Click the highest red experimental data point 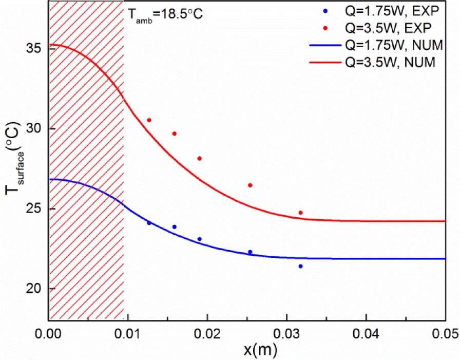coord(149,120)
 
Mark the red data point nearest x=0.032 coord(300,213)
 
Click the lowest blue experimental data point coord(300,266)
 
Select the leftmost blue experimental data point coord(149,223)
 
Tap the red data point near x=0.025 coord(250,185)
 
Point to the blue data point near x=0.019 coord(200,239)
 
